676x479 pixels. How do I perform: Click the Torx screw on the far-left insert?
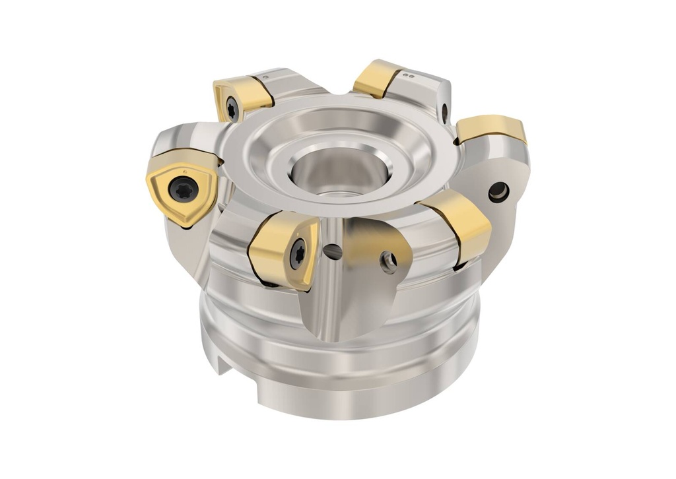183,188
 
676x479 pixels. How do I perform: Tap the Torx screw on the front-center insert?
296,253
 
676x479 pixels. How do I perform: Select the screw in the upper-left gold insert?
232,110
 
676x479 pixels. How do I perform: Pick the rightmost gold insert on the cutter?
492,128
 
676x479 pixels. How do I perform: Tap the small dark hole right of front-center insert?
334,251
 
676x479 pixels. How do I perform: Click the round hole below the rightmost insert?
498,192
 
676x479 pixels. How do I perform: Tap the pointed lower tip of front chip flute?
328,338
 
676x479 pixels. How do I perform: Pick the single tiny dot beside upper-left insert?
266,78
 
